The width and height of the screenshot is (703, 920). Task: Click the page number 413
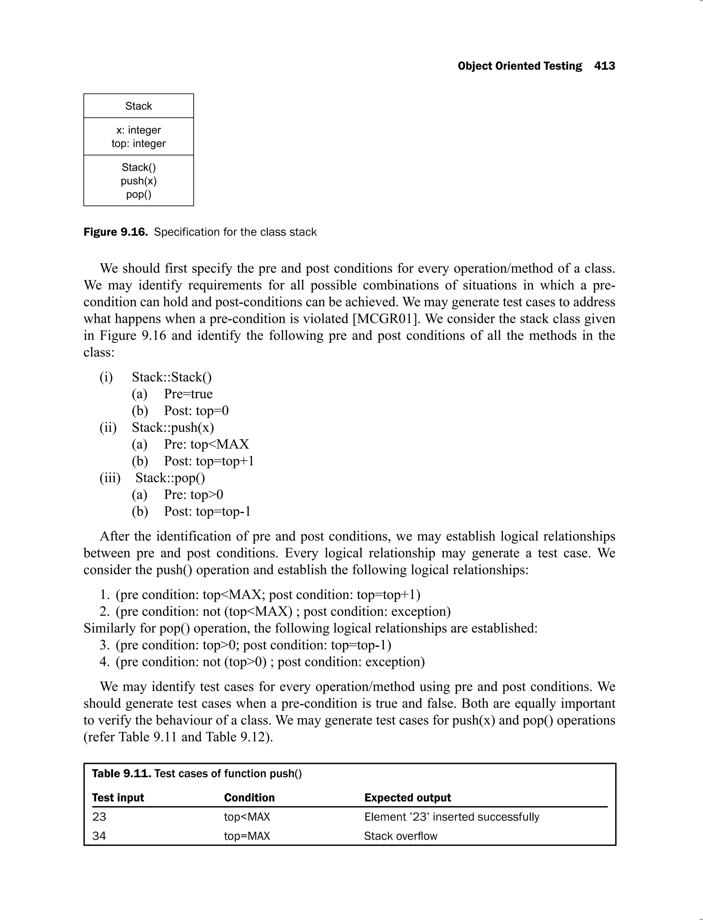tap(604, 66)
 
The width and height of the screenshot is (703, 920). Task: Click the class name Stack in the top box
tap(139, 106)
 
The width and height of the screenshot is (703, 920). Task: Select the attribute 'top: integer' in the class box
tap(139, 143)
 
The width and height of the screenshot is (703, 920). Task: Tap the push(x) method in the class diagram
tap(139, 181)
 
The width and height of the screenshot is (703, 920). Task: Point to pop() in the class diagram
tap(139, 194)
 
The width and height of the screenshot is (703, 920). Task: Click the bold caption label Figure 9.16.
tap(115, 232)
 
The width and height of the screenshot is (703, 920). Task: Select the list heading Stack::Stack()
tap(172, 377)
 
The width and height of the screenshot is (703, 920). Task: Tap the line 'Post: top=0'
tap(196, 411)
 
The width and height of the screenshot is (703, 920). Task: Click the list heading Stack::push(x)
tap(173, 427)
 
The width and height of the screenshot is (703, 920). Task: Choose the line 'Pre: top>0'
tap(193, 495)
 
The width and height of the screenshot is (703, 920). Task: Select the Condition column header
tap(250, 798)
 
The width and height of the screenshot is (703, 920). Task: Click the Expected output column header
tap(407, 798)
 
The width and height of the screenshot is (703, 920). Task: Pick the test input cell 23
tap(99, 817)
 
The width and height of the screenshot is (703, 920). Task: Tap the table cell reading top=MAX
tap(247, 836)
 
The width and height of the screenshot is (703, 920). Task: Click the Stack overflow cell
tap(401, 836)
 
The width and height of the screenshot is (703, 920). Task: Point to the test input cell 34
tap(99, 836)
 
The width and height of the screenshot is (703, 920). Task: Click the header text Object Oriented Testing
tap(520, 66)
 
